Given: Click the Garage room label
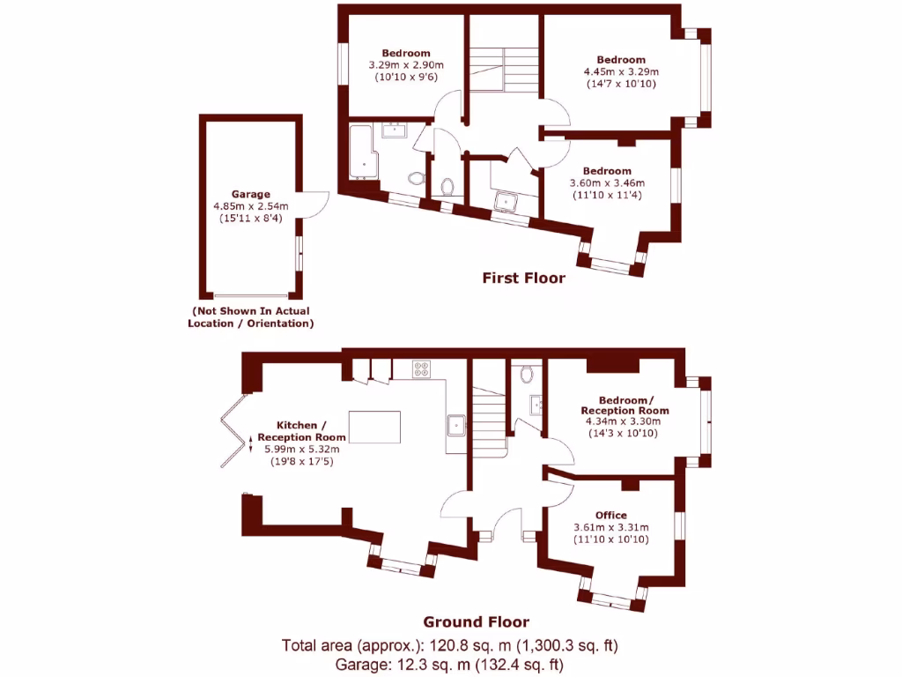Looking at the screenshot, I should tap(250, 194).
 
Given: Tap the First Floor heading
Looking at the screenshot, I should tap(523, 278).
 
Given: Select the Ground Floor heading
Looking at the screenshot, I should tap(476, 621).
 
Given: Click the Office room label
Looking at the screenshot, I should tap(610, 515).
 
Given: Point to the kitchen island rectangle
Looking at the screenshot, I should tap(375, 428).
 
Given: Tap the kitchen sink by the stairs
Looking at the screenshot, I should tap(457, 424).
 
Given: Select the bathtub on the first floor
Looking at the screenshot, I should tap(362, 153).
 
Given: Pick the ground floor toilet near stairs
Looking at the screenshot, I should tap(527, 373).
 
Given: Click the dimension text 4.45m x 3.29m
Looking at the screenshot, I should tap(621, 72).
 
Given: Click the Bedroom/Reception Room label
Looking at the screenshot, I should tap(625, 405).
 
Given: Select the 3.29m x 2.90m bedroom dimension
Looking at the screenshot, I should tap(405, 65).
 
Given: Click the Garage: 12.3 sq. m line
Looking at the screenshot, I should tap(450, 664).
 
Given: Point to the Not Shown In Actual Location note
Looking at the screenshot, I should tap(251, 317).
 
